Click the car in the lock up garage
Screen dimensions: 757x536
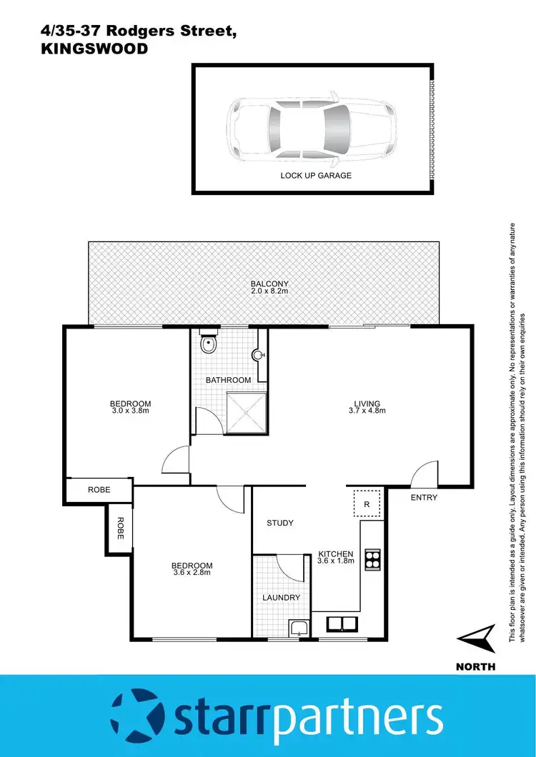[312, 128]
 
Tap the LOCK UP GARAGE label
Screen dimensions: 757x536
[316, 175]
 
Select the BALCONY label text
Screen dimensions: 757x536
[269, 284]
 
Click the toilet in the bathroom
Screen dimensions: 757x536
[208, 344]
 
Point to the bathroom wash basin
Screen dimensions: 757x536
[259, 354]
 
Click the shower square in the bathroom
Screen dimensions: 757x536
[247, 412]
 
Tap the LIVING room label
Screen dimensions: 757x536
[367, 403]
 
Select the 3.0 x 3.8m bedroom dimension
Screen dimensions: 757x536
[131, 411]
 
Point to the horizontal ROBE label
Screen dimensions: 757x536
[99, 491]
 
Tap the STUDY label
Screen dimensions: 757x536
[280, 523]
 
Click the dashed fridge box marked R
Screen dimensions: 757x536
[367, 503]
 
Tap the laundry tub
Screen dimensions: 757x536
[298, 628]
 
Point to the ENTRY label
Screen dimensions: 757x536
[424, 498]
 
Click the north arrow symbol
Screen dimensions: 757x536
[476, 638]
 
